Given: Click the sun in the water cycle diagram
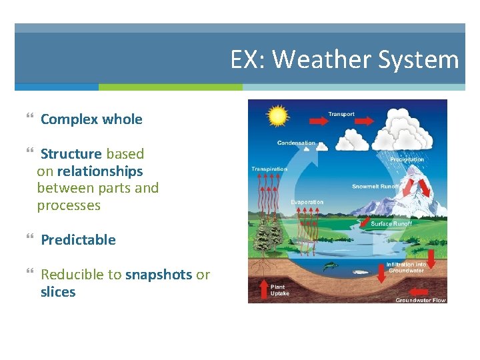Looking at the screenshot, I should [x=277, y=117].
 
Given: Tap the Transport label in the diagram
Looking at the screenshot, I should [x=341, y=114].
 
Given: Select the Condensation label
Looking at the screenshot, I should [x=297, y=143].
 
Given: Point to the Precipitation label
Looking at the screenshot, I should [x=407, y=159].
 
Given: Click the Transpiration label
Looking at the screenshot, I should [x=269, y=169].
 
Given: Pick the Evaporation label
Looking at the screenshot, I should [x=307, y=202].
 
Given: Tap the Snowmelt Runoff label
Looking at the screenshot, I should [x=375, y=187].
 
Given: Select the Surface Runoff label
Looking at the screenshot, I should [x=391, y=224].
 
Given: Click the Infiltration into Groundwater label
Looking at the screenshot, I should [x=406, y=267].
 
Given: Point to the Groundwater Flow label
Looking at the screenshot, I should [x=420, y=300].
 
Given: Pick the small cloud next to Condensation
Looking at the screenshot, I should [x=321, y=146].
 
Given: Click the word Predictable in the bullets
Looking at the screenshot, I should [x=78, y=240].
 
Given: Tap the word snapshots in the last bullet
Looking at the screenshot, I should [x=159, y=275].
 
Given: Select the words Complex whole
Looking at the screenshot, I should [x=91, y=119].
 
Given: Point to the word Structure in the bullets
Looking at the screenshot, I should [x=71, y=154].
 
